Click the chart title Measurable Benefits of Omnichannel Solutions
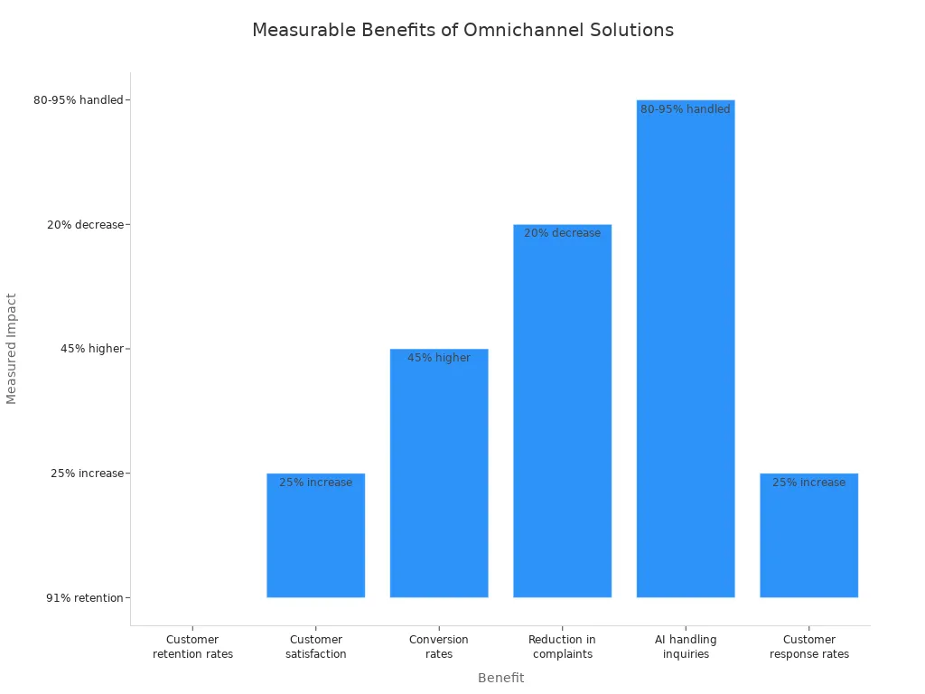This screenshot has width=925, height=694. point(462,30)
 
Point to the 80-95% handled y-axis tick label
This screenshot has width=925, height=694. point(78,100)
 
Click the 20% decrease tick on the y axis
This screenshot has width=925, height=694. point(85,225)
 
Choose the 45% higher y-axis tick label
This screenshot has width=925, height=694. point(91,349)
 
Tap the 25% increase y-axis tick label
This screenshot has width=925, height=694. point(87,474)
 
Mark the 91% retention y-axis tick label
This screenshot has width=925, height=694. point(85,597)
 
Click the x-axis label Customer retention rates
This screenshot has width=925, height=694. point(192,647)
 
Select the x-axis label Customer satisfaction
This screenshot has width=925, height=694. point(315,647)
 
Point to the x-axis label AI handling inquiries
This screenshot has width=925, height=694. point(686,647)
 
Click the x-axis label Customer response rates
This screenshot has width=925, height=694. point(808,647)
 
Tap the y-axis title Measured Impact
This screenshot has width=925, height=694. point(12,348)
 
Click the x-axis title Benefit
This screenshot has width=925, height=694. point(500,678)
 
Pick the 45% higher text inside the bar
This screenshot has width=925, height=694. point(439,358)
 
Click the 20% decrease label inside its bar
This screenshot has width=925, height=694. point(562,233)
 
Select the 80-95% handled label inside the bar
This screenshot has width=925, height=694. point(686,109)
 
